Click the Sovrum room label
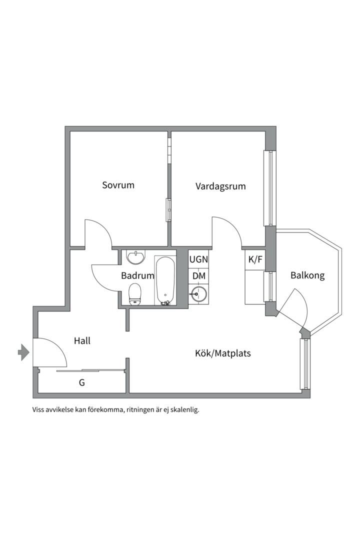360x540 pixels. [x=118, y=185]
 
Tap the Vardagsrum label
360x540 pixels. [x=220, y=186]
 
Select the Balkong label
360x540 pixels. [x=307, y=275]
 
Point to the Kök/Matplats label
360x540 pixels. [x=222, y=353]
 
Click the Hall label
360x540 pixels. [x=82, y=341]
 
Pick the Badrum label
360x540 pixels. [x=137, y=275]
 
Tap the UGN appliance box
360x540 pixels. [x=198, y=260]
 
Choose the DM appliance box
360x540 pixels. [x=198, y=276]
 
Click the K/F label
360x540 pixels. [x=255, y=259]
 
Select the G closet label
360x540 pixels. [x=81, y=383]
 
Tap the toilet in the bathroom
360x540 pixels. [x=135, y=293]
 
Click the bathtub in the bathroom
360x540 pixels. [x=165, y=280]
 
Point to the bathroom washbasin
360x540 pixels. [x=135, y=257]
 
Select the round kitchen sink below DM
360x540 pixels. [x=198, y=294]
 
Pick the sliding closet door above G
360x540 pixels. [x=90, y=370]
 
